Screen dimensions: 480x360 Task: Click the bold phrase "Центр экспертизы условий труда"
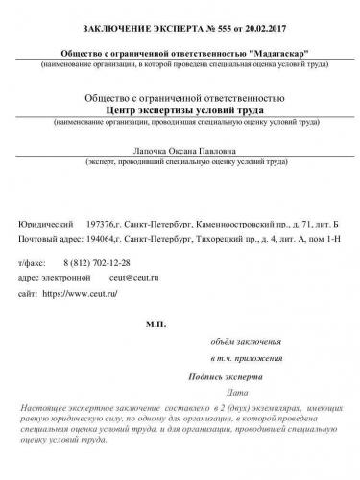180,111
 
